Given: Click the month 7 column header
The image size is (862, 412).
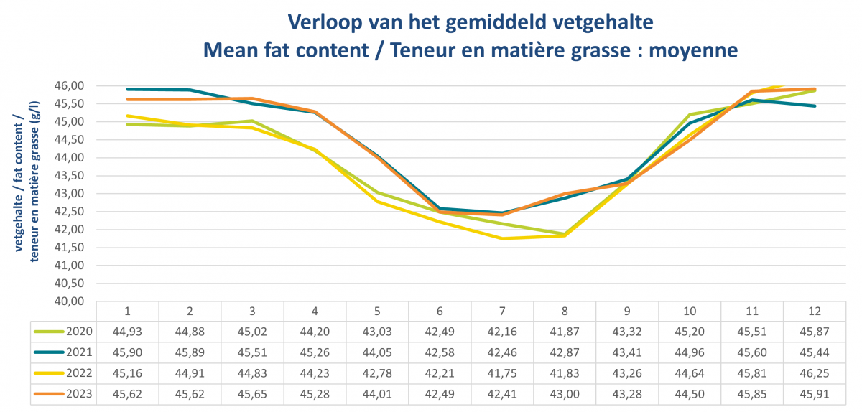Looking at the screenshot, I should (503, 311).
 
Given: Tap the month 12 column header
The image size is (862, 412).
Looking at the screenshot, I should (815, 311).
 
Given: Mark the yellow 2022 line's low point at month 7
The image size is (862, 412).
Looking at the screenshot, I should (503, 238).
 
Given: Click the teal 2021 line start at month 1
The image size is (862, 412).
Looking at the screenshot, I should (127, 89).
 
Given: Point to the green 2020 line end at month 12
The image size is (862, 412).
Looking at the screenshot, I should (815, 90).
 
